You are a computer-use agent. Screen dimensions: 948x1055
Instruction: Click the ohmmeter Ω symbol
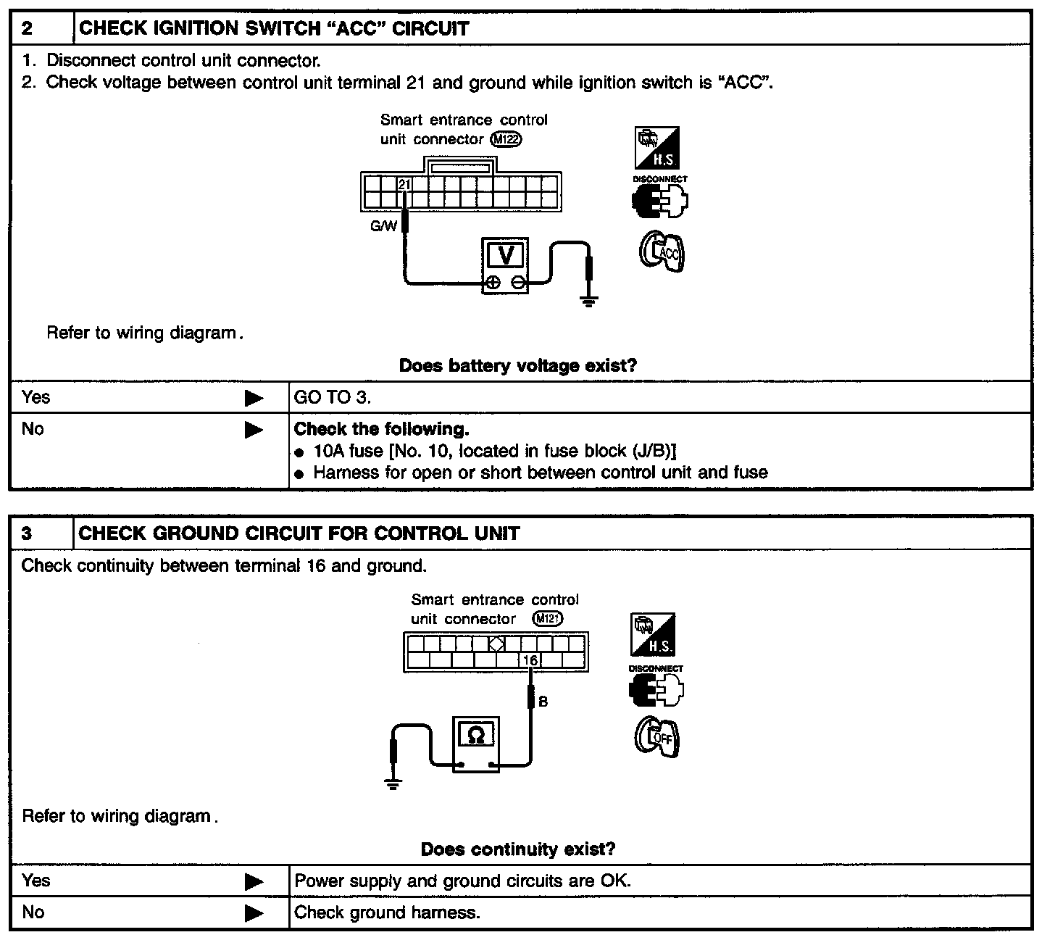click(x=476, y=736)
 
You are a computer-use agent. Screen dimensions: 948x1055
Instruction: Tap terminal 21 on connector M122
click(x=404, y=184)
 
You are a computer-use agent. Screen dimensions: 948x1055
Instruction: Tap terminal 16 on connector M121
click(x=530, y=660)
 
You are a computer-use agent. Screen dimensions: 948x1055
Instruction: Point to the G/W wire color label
click(x=383, y=226)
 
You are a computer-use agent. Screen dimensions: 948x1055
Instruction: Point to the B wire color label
click(x=543, y=702)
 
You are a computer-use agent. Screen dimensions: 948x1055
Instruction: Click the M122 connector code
click(x=506, y=139)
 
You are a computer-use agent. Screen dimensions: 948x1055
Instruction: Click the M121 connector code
click(x=547, y=619)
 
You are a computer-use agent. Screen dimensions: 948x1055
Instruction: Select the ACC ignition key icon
click(x=662, y=253)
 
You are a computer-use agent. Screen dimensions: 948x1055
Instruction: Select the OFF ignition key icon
click(x=658, y=738)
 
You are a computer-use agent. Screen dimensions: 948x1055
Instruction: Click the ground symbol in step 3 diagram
click(x=393, y=783)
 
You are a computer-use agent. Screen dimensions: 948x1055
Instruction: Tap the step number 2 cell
click(x=28, y=29)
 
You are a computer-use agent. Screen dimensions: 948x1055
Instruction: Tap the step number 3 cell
click(x=28, y=534)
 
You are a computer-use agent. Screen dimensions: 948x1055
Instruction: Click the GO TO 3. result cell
click(x=333, y=397)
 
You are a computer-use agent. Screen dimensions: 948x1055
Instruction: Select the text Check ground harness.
click(x=387, y=912)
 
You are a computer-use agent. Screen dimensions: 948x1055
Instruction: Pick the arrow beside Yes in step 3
click(x=254, y=882)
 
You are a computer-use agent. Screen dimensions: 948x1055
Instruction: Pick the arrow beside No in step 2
click(x=254, y=430)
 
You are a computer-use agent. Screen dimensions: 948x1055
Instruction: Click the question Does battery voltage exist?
click(x=517, y=366)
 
